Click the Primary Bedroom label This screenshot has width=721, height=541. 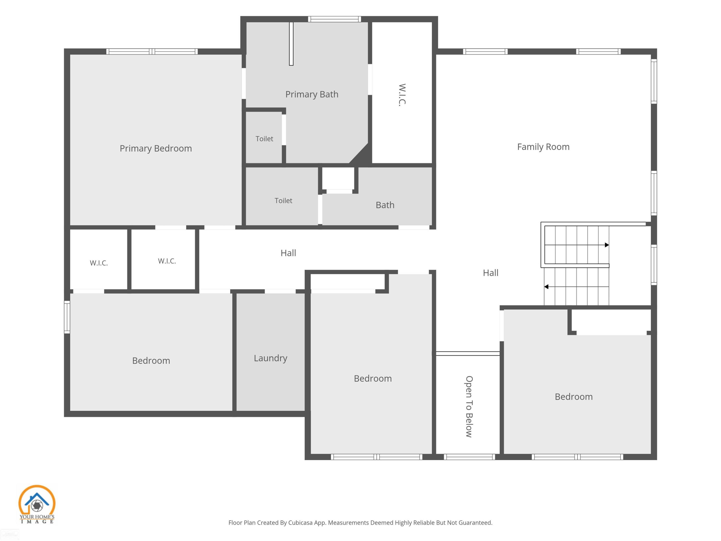click(155, 148)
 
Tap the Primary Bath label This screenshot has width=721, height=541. click(312, 94)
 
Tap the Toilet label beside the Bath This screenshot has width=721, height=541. click(283, 201)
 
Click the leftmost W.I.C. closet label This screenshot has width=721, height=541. click(99, 263)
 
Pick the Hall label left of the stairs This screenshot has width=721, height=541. click(490, 273)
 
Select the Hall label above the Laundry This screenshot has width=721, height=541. click(288, 253)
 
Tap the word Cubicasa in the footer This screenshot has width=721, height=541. click(300, 522)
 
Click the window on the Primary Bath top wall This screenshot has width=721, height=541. click(335, 19)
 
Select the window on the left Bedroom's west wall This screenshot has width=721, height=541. click(67, 317)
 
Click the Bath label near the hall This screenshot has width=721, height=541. click(385, 205)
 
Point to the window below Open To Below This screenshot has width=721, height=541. click(469, 457)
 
